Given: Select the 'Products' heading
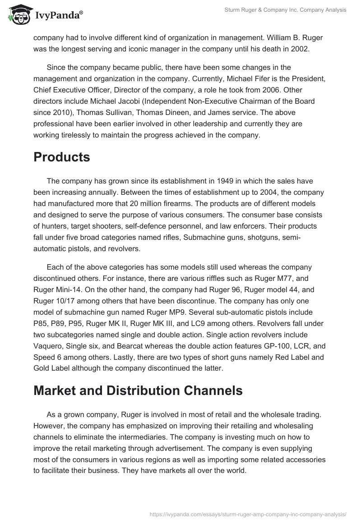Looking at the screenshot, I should pyautogui.click(x=62, y=157).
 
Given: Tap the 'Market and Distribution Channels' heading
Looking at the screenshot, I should pyautogui.click(x=138, y=390).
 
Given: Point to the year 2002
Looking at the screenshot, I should pyautogui.click(x=300, y=49).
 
